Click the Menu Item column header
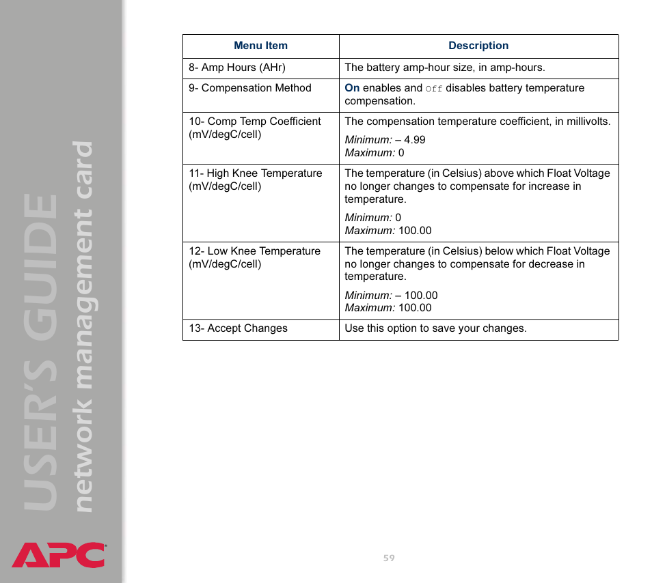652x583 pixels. coord(260,46)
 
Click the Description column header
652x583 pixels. coord(478,46)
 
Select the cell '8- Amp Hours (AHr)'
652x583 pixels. coord(237,68)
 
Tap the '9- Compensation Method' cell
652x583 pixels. coord(250,89)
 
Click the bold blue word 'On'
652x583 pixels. coord(352,88)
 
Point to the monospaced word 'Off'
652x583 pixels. coord(434,89)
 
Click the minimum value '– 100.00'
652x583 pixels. coord(416,296)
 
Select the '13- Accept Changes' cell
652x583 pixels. coord(239,329)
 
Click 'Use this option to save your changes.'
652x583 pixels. coord(435,329)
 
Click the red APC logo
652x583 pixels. coord(59,554)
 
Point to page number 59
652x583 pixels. coord(389,558)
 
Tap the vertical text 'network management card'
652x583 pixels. coord(83,328)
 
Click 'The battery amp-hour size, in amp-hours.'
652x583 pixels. coord(445,68)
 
